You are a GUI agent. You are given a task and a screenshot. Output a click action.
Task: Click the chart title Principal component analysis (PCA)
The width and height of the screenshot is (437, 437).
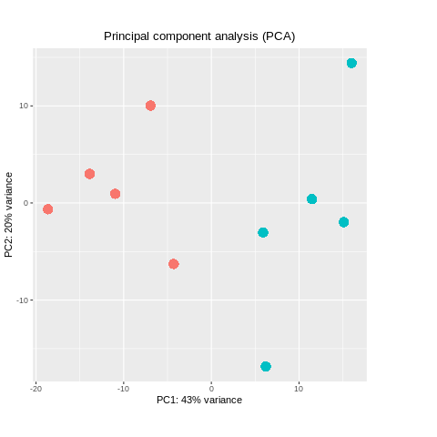(x=199, y=36)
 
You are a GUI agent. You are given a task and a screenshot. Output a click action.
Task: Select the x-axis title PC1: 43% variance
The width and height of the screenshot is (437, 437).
(x=199, y=400)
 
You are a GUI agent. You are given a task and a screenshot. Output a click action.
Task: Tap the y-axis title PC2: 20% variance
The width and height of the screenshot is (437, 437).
(x=9, y=215)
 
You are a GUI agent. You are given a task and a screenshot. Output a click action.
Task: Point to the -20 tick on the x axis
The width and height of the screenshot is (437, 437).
(x=36, y=388)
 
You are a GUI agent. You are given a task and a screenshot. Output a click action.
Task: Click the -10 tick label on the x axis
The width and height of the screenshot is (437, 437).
(x=123, y=388)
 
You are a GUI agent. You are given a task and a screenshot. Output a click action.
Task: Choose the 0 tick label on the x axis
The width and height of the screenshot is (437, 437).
(x=211, y=388)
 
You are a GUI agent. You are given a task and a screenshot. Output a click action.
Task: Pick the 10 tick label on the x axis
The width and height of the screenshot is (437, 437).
(x=299, y=388)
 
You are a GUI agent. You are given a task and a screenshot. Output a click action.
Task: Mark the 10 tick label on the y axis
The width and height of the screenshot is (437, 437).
(x=24, y=106)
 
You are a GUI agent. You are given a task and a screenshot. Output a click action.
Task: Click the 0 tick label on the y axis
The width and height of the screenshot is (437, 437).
(x=25, y=203)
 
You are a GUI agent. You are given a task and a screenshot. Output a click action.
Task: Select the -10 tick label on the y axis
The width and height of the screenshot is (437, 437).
(x=22, y=300)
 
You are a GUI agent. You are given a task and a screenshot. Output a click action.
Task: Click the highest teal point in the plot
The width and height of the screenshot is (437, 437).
(x=351, y=63)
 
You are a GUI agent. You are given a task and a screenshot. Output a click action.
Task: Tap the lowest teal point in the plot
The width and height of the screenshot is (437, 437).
(x=266, y=366)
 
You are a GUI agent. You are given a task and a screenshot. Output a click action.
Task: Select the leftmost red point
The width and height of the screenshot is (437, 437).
(x=48, y=209)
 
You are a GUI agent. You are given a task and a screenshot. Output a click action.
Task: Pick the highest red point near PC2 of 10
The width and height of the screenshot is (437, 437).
(x=150, y=106)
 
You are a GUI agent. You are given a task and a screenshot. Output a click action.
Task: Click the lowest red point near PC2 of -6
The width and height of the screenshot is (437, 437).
(x=174, y=264)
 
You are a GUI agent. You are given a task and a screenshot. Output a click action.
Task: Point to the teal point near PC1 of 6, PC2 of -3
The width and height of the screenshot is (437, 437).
(x=263, y=232)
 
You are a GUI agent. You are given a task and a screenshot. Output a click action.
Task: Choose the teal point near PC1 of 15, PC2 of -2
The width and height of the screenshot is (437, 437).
(x=343, y=222)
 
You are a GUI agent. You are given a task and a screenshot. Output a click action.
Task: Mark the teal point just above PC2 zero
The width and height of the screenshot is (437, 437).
(x=311, y=198)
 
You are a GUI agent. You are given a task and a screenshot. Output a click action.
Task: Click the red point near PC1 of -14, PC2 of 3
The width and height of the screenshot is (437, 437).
(x=89, y=174)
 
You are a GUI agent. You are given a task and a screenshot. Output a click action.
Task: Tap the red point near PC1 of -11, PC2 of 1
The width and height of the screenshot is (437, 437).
(x=115, y=194)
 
